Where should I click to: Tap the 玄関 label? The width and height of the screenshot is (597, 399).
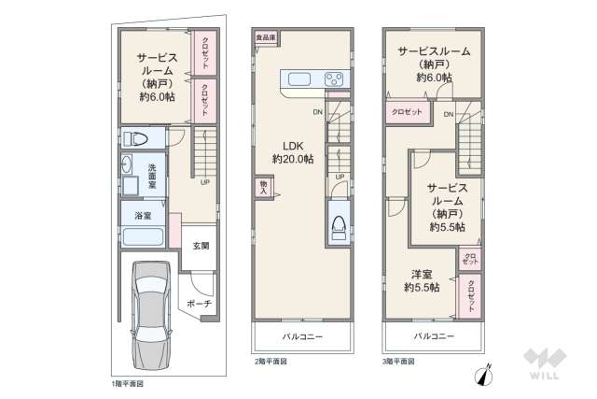tap(201, 247)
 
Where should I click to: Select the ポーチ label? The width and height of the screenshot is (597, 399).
tap(199, 304)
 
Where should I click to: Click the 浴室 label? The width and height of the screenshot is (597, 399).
tap(132, 214)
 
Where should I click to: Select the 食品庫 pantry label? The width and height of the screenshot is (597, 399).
tap(265, 37)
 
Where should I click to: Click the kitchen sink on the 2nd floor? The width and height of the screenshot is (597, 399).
tap(305, 79)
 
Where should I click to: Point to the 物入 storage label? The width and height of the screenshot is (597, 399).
tap(263, 188)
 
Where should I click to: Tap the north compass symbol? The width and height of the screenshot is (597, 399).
tap(484, 375)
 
